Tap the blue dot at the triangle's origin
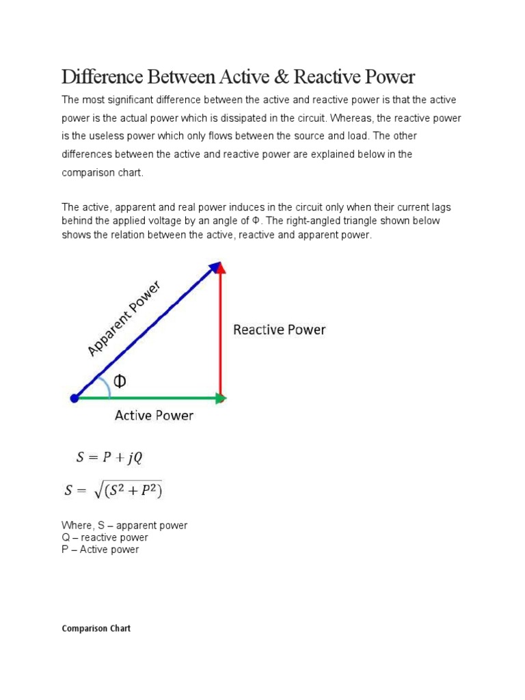coord(74,397)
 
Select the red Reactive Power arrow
coord(221,328)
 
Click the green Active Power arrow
coord(150,397)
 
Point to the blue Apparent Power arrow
coord(147,329)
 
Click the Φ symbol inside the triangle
coord(120,381)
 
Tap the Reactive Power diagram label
coord(280,330)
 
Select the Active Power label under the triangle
coord(154,415)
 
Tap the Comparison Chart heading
coord(96,628)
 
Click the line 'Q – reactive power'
coord(105,537)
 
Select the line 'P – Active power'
coord(100,550)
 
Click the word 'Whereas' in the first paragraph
coord(352,118)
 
